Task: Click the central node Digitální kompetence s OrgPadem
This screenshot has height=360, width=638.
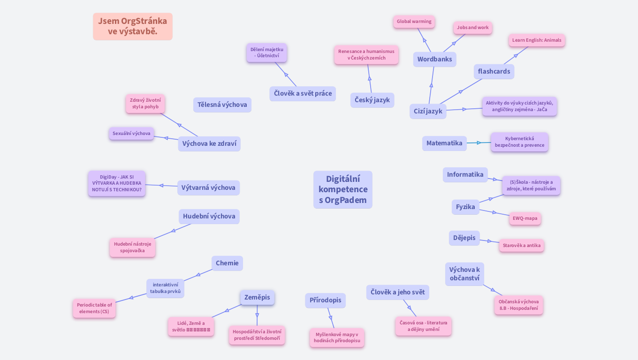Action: point(342,190)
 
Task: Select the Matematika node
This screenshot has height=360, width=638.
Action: point(444,143)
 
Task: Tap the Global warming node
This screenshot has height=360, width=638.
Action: point(414,22)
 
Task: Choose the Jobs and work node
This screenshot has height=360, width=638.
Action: point(472,28)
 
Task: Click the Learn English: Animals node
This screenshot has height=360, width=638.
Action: point(536,40)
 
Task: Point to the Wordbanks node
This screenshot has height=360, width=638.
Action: point(434,60)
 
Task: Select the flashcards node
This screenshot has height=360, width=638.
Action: point(494,72)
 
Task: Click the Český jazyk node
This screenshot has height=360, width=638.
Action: point(372,100)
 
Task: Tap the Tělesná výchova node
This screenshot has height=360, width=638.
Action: point(222,105)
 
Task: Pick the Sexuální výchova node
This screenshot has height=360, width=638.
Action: point(131,134)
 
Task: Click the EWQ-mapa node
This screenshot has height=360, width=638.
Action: point(524,218)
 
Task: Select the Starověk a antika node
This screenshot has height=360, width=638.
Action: point(521,246)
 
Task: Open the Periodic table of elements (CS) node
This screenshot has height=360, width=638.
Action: point(94,308)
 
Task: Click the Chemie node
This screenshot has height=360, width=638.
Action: point(227,263)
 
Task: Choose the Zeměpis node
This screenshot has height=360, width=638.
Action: point(257,298)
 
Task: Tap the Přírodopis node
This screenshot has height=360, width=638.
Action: point(325,300)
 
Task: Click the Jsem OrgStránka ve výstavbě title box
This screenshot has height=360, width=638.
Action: point(132,26)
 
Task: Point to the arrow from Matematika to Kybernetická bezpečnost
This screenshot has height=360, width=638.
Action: point(478,143)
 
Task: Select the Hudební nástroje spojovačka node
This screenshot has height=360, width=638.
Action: point(132,247)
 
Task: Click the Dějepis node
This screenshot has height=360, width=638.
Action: point(464,238)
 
